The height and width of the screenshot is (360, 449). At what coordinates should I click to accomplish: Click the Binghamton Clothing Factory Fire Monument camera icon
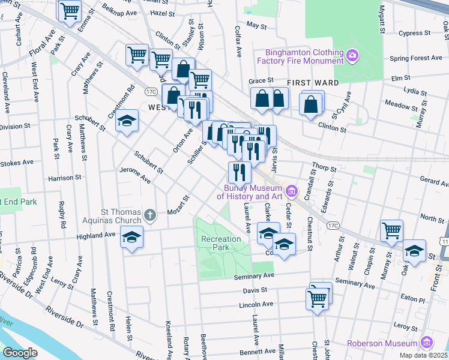click(352, 56)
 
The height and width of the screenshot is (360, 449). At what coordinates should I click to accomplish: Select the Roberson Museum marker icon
click(427, 343)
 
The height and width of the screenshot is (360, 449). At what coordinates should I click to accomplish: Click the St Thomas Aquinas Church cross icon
click(151, 214)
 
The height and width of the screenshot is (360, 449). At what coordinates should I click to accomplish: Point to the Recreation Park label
click(221, 243)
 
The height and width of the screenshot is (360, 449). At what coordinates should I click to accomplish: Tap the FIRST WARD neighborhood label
click(313, 82)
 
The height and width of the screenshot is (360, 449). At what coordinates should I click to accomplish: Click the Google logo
click(20, 353)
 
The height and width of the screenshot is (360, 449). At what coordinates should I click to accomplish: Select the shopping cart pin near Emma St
click(70, 10)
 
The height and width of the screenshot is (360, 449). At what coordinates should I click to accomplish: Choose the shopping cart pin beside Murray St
click(391, 230)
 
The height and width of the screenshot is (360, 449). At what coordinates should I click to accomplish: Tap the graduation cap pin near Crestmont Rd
click(127, 121)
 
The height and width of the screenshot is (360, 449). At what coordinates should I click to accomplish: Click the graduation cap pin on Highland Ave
click(132, 238)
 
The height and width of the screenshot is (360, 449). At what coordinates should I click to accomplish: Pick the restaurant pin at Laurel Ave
click(240, 172)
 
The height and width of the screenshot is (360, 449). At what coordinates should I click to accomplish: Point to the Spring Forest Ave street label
click(416, 58)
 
